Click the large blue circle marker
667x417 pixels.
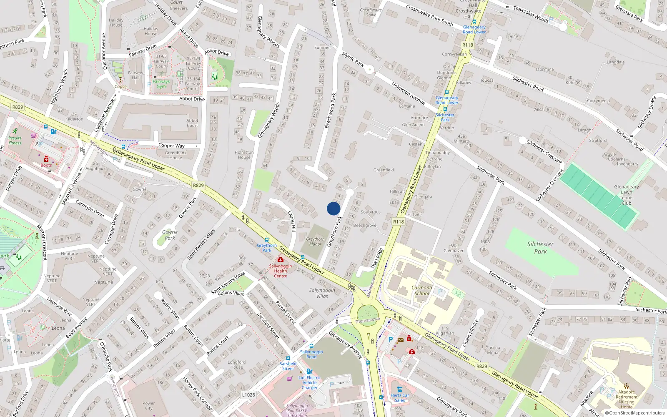click(x=333, y=208)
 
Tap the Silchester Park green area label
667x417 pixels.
click(x=540, y=248)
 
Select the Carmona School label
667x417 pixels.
click(x=421, y=290)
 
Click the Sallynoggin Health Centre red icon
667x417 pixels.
click(x=281, y=259)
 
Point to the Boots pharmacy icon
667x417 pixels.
click(x=46, y=159)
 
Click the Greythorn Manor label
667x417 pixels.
click(x=315, y=241)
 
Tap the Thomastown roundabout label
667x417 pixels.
click(x=367, y=320)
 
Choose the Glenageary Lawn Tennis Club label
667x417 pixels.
click(x=626, y=195)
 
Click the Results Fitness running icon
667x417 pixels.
click(x=15, y=131)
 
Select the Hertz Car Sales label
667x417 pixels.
click(x=400, y=397)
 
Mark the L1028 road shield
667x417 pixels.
click(x=248, y=394)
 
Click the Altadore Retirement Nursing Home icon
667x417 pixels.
click(x=626, y=386)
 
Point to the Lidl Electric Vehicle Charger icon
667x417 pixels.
click(x=309, y=371)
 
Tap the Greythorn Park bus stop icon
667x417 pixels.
click(x=267, y=240)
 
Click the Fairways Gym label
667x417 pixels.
click(x=161, y=84)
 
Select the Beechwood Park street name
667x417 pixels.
click(x=330, y=111)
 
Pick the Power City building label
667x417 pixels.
click(x=148, y=406)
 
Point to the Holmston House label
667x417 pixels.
click(x=244, y=155)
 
